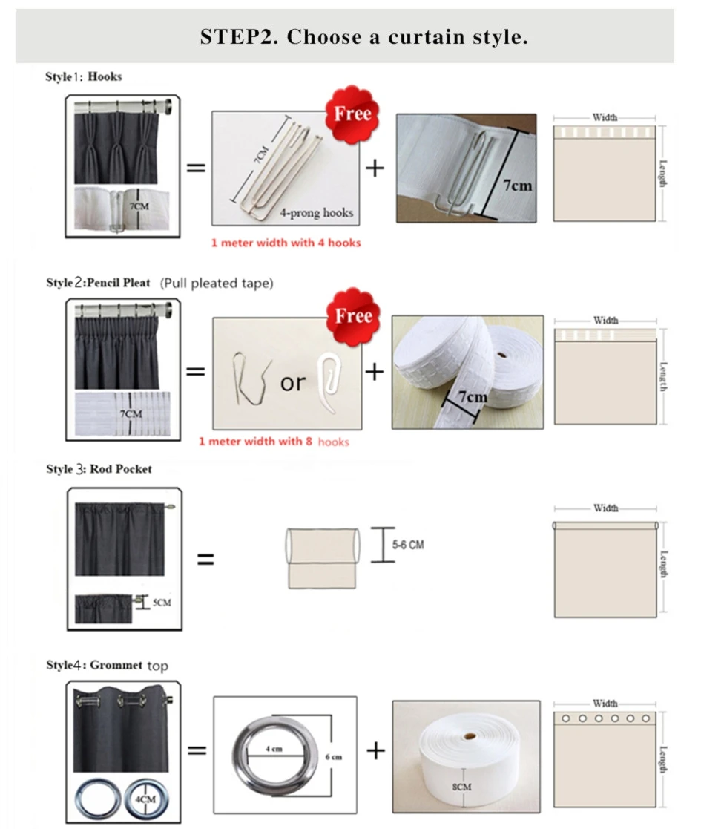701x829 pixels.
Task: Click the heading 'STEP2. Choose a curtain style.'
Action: click(363, 37)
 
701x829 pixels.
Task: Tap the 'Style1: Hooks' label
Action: click(84, 76)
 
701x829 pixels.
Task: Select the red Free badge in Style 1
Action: click(352, 114)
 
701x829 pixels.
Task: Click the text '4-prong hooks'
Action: click(316, 213)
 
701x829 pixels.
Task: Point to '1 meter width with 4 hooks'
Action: click(286, 243)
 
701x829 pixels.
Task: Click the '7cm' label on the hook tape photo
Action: click(518, 185)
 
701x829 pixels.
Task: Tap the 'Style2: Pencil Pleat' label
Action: click(98, 283)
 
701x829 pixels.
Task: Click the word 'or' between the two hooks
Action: click(292, 383)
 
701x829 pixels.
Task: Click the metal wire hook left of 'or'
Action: click(248, 376)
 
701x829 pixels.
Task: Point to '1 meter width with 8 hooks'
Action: click(273, 442)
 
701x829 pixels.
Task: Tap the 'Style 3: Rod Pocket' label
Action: click(99, 469)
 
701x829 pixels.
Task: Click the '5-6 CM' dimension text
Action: click(408, 545)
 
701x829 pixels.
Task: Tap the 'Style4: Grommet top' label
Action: click(107, 665)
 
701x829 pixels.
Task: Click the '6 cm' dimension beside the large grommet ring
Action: click(332, 757)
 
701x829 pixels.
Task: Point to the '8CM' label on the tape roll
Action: click(462, 785)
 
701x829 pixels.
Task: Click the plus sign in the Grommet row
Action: click(376, 751)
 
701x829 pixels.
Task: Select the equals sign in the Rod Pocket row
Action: click(205, 559)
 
